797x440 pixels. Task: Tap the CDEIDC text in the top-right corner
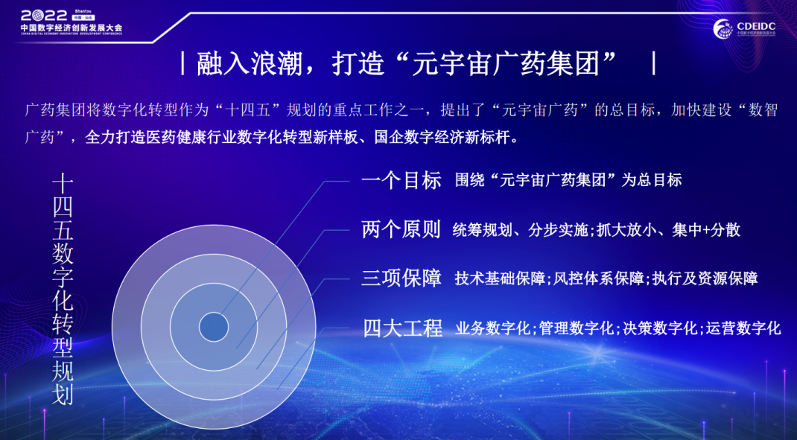coord(756,25)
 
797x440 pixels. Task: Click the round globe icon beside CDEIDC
coord(723,28)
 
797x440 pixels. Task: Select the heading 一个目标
coord(401,180)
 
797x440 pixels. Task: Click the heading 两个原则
coord(401,229)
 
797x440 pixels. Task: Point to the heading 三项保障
coord(401,278)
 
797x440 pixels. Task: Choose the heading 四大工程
coord(402,328)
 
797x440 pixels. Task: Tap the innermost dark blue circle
coord(214,327)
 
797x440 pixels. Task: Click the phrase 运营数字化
coord(743,328)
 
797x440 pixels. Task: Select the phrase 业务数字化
coord(492,328)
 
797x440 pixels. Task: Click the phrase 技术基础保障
coord(500,278)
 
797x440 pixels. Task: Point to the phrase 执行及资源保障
coord(705,278)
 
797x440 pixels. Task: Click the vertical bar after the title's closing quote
coord(654,66)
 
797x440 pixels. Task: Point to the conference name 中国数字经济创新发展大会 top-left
coord(72,28)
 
